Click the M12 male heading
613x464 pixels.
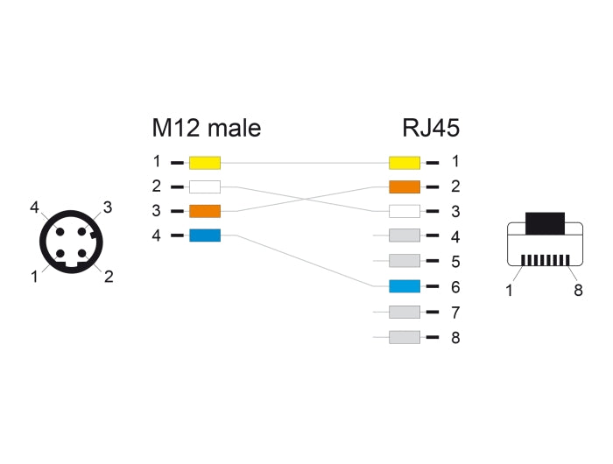pyautogui.click(x=206, y=128)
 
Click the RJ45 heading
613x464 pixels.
pyautogui.click(x=431, y=128)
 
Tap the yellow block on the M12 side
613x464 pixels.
pyautogui.click(x=205, y=162)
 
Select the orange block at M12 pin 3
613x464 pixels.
pyautogui.click(x=205, y=211)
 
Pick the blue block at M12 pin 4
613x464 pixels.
pyautogui.click(x=205, y=236)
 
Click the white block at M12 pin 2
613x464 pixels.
pyautogui.click(x=205, y=186)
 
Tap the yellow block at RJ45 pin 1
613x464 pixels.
pyautogui.click(x=405, y=162)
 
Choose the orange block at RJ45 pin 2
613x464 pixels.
pyautogui.click(x=405, y=186)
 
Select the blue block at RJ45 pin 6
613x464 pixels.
pyautogui.click(x=405, y=286)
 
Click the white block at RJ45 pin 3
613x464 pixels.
pyautogui.click(x=405, y=211)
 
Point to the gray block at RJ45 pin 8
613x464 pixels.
pyautogui.click(x=405, y=337)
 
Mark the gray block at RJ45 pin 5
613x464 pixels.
pyautogui.click(x=405, y=261)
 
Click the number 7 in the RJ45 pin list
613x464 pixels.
pyautogui.click(x=454, y=313)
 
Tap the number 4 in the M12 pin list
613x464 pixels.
pyautogui.click(x=156, y=236)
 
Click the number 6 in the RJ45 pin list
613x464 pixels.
pyautogui.click(x=454, y=287)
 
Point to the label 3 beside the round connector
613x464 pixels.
pyautogui.click(x=108, y=207)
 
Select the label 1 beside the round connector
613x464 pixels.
pyautogui.click(x=35, y=277)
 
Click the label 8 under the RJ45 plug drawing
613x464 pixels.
pyautogui.click(x=578, y=291)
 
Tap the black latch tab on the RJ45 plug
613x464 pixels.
pyautogui.click(x=544, y=221)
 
